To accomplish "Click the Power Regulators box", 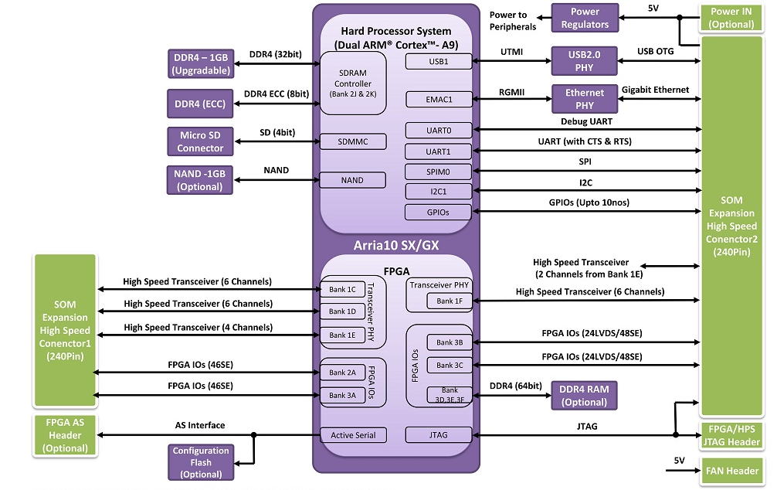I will (x=584, y=18).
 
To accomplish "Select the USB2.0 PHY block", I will (x=584, y=60).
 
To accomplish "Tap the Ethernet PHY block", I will (x=584, y=99).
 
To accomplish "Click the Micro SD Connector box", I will (x=200, y=141).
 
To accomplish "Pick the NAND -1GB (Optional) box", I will (x=200, y=180).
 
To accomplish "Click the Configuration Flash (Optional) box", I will (x=200, y=461).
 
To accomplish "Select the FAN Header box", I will (x=731, y=470).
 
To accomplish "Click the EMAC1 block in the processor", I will (x=438, y=99).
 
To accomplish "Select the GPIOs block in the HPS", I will (x=438, y=212).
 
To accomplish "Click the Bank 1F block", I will (x=449, y=301).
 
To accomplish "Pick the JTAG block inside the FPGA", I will (x=438, y=435).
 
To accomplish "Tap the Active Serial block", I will (x=352, y=435).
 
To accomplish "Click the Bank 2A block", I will (x=342, y=373).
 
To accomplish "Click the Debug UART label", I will (x=591, y=121).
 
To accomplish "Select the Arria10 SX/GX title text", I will (x=396, y=245).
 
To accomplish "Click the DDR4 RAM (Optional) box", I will (x=584, y=395).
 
